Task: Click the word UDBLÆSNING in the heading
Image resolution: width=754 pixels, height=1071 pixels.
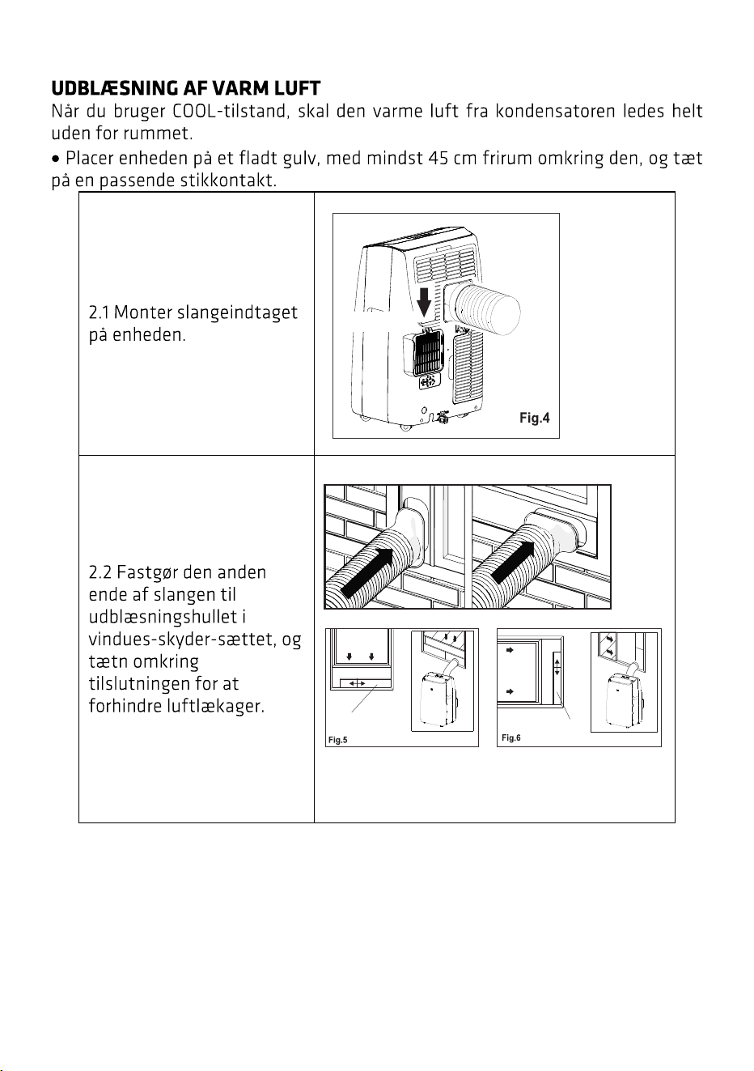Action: pos(114,88)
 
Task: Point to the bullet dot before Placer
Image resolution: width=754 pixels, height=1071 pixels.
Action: pos(57,158)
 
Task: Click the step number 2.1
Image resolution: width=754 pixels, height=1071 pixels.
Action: pos(99,312)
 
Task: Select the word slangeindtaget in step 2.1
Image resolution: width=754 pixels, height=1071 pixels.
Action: pos(238,313)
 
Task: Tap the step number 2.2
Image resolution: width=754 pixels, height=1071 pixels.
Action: pos(100,572)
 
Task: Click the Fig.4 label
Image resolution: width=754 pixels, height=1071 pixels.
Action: pos(534,419)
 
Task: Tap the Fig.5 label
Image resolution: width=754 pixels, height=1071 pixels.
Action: pos(337,740)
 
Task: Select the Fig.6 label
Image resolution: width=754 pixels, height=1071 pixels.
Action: pos(510,737)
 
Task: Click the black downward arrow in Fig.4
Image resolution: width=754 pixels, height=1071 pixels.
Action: pos(424,301)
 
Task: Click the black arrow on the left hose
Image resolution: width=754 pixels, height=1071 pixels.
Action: pos(368,573)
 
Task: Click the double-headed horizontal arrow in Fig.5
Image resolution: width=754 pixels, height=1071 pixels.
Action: pos(358,684)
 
